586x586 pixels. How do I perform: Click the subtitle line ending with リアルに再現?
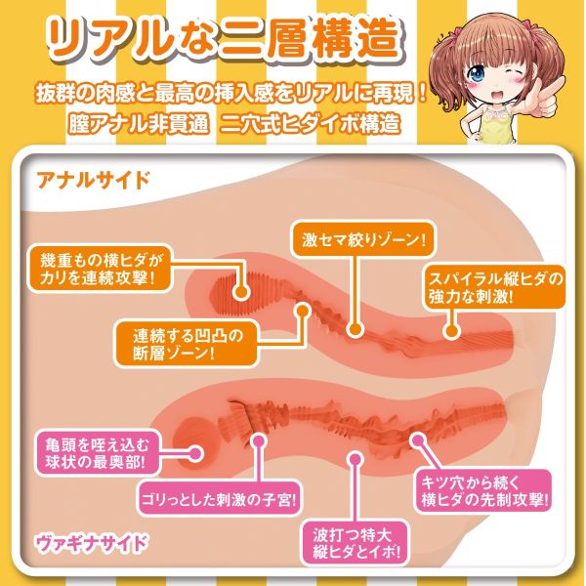click(x=231, y=93)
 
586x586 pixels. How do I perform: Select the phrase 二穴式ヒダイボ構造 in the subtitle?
click(x=310, y=123)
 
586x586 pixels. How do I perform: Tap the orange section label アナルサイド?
click(x=94, y=180)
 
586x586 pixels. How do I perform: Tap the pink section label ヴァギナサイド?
click(x=91, y=543)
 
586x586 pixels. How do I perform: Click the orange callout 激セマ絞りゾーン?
click(x=363, y=239)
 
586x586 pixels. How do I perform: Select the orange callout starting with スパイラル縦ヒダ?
click(x=495, y=287)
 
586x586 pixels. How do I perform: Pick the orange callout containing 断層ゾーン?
click(x=187, y=343)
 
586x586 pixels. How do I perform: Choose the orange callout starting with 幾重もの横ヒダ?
click(x=101, y=268)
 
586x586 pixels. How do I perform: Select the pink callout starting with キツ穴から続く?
click(x=483, y=490)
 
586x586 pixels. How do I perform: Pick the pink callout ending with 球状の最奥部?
click(x=97, y=454)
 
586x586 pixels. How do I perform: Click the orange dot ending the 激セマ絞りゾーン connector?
click(x=355, y=329)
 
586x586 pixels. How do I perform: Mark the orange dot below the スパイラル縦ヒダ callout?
click(x=452, y=330)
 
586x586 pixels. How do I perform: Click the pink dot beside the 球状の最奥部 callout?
click(x=194, y=454)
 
